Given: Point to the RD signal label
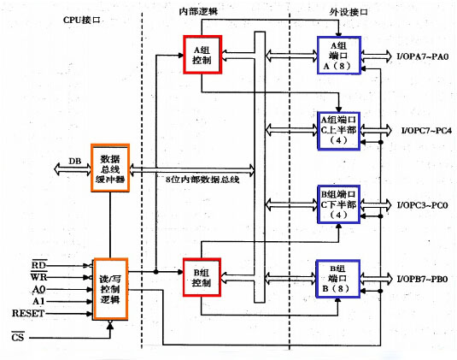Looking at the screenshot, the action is pos(38,264).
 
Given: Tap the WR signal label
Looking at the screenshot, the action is pos(38,276).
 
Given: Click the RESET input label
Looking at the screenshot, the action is pos(28,313).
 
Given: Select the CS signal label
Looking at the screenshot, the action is pos(17,337).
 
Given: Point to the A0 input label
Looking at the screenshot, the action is pos(39,289).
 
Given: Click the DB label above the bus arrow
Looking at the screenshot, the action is pos(75,161).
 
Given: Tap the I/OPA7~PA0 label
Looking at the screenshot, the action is pos(423,56).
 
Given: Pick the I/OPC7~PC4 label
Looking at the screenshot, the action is pos(427,131).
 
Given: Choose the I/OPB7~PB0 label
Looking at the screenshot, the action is pos(422,279).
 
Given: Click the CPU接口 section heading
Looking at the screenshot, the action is pos(82,20).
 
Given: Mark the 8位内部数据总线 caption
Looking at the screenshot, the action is pos(202,180).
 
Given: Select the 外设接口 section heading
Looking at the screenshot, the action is pos(349,12).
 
